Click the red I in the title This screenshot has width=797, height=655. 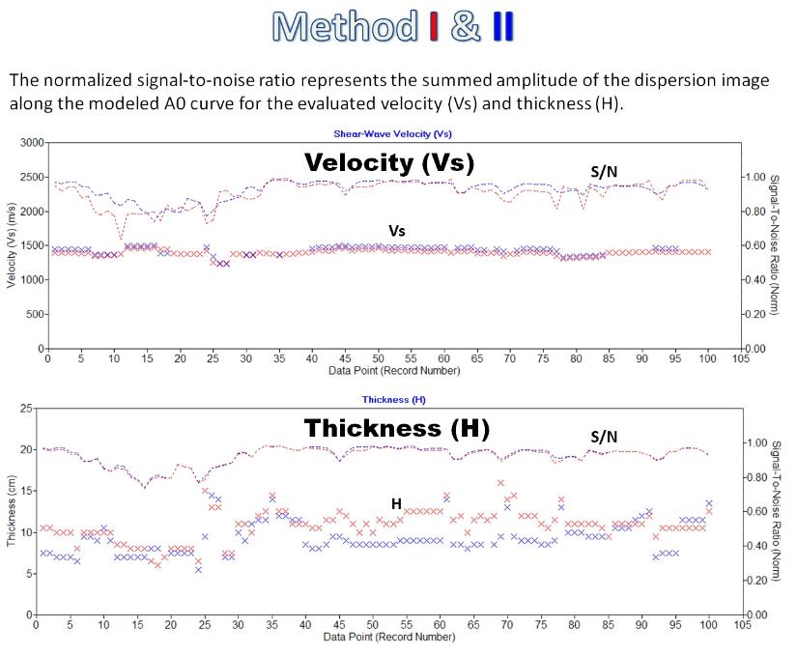click(434, 26)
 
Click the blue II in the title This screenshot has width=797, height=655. click(503, 26)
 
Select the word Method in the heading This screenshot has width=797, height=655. click(345, 26)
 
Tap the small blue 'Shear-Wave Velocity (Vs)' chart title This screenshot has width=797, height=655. click(392, 133)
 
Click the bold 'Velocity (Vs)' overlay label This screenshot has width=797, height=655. click(389, 162)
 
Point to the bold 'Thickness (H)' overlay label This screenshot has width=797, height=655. click(397, 428)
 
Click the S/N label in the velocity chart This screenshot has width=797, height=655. click(604, 172)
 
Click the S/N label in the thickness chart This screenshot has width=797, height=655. click(604, 437)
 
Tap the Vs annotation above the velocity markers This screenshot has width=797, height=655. click(397, 231)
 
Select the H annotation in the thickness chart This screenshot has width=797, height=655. click(396, 503)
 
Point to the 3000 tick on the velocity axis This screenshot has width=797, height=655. click(32, 142)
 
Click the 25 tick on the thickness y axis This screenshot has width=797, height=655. click(26, 408)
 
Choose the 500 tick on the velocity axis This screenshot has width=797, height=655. click(35, 314)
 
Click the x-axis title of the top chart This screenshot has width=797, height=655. click(394, 370)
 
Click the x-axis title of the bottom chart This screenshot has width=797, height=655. click(389, 637)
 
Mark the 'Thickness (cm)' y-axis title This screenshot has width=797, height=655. click(11, 511)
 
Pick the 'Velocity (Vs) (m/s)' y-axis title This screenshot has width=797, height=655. click(11, 245)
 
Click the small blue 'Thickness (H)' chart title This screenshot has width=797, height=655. click(394, 399)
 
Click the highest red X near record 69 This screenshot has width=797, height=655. click(500, 483)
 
